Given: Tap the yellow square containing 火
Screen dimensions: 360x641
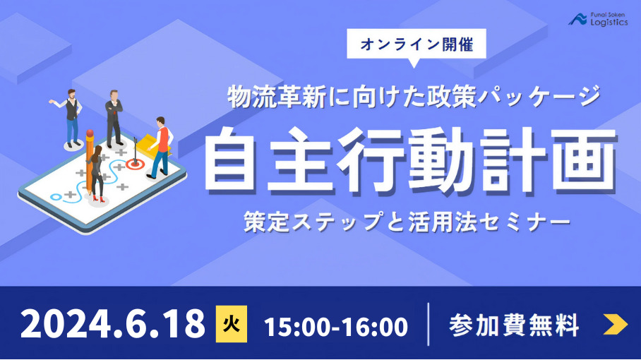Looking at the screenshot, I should [231, 325].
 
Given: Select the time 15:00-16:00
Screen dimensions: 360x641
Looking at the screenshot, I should [336, 327].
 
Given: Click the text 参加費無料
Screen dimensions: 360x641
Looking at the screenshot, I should [514, 325].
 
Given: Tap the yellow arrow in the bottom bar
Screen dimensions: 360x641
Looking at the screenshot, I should [615, 325].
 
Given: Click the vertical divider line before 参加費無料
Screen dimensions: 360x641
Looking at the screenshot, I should [429, 325].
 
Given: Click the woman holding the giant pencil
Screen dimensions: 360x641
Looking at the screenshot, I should [97, 172].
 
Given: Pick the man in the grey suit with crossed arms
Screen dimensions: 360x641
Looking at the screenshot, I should [114, 116].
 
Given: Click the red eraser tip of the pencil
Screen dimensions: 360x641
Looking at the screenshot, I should [90, 133].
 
